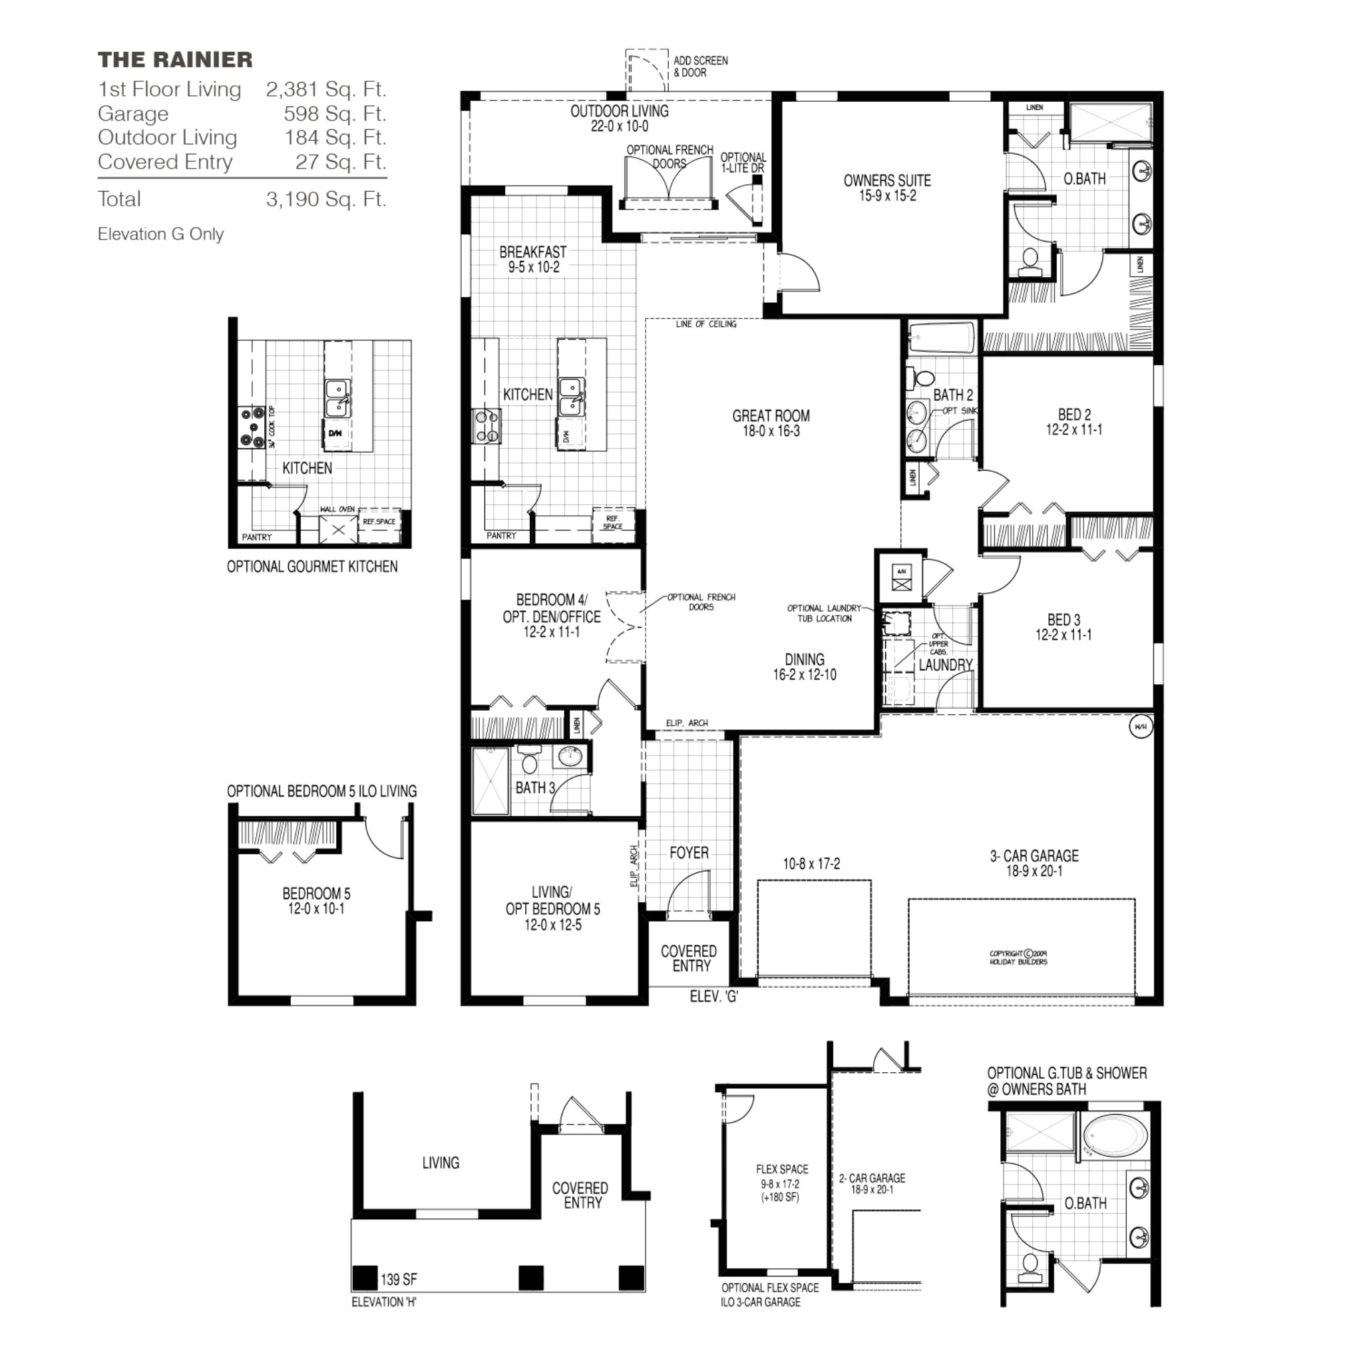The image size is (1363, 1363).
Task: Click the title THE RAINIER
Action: pos(175,60)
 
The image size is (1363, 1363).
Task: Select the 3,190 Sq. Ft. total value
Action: pos(326,200)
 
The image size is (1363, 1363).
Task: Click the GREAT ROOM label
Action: pos(771,416)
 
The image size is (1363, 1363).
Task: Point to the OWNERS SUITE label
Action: pos(886,180)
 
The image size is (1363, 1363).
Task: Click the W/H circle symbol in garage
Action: pos(1140,727)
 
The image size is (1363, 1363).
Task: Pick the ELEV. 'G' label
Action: pos(714,996)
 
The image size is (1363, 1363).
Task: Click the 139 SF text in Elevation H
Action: pos(399,1279)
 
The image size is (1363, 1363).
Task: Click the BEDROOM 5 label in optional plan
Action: pos(316,894)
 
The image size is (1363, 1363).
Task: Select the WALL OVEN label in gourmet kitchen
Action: pos(337,509)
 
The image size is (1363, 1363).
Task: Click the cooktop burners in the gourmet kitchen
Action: pos(252,427)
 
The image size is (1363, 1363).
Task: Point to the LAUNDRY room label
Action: pos(945,665)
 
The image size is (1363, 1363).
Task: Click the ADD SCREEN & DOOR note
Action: pos(700,67)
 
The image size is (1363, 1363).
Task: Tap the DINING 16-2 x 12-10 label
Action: pos(804,667)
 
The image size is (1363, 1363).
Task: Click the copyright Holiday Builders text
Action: pos(1018,957)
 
